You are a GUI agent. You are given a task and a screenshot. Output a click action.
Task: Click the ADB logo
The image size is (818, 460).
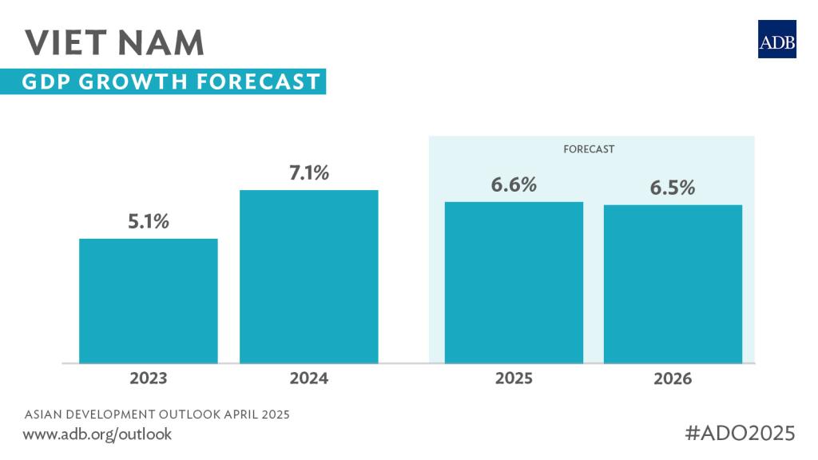776,39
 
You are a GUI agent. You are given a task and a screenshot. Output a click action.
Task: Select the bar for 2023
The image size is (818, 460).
149,301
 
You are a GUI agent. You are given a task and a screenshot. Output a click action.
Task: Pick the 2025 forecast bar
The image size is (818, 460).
514,283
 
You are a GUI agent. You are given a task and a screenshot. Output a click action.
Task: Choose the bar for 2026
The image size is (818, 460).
673,284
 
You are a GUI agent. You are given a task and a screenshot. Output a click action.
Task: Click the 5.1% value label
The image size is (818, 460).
149,221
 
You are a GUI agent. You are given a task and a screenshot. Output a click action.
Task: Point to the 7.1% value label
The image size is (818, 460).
308,172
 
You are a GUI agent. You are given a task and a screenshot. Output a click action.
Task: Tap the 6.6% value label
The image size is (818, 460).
514,184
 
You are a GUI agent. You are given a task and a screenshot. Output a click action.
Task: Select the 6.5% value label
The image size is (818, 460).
673,188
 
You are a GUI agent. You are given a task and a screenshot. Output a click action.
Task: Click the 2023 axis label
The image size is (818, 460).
149,378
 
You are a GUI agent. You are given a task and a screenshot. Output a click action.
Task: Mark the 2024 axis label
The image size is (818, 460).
308,378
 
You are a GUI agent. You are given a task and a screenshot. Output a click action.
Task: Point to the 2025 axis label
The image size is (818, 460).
514,378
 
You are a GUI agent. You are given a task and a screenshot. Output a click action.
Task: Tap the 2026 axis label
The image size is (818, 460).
673,378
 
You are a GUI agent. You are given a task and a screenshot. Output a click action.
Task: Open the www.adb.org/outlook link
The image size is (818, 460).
97,434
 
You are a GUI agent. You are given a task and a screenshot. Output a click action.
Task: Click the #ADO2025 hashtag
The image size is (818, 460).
741,433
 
